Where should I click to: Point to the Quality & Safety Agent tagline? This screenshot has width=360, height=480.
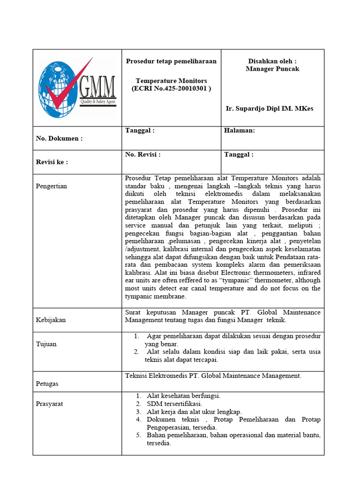point(97,102)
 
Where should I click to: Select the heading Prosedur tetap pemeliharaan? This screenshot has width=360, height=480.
point(172,61)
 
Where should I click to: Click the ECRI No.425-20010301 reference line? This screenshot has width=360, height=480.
point(172,89)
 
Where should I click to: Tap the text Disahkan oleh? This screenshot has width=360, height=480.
point(272,61)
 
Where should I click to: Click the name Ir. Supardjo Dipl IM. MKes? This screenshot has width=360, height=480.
point(270,109)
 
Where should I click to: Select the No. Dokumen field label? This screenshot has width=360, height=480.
point(59,138)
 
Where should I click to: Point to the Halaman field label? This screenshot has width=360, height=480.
point(240,131)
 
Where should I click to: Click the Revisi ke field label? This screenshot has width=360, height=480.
point(52,162)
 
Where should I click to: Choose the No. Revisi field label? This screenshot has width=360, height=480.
point(143,154)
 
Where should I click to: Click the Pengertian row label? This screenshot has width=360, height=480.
point(52,186)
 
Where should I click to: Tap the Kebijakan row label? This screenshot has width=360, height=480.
point(51,320)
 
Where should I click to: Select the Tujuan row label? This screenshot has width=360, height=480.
point(46,344)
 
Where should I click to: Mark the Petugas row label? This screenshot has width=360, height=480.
point(47,383)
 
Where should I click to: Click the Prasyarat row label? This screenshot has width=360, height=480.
point(50,404)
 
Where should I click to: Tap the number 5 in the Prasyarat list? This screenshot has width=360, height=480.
point(139,435)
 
